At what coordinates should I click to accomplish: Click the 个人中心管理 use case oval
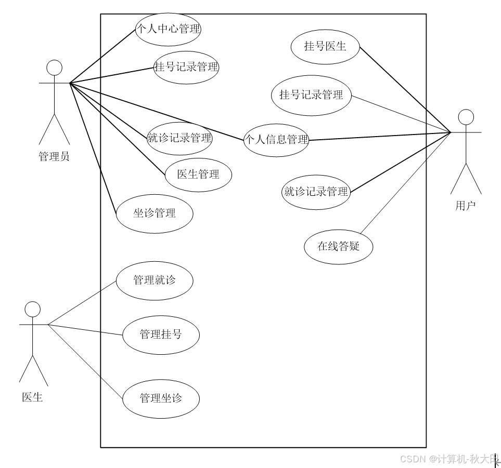(x=168, y=29)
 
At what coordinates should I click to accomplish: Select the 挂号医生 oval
(x=325, y=46)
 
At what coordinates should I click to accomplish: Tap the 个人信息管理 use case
(x=276, y=140)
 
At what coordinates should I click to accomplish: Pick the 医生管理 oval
(x=198, y=175)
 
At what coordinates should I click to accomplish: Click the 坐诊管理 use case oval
(x=155, y=213)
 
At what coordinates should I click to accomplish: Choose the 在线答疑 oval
(x=339, y=246)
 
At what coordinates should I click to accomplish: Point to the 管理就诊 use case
(x=155, y=280)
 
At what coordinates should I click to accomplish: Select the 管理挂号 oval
(x=161, y=335)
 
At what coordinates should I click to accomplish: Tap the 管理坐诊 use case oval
(x=161, y=399)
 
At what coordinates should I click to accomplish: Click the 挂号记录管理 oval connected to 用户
(x=311, y=95)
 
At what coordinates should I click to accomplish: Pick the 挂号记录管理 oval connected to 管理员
(x=186, y=67)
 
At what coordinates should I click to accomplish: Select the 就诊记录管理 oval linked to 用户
(x=316, y=192)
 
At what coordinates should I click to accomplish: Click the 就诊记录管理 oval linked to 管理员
(x=179, y=138)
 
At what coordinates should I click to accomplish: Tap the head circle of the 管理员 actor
(x=54, y=68)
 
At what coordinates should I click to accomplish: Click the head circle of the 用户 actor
(x=466, y=117)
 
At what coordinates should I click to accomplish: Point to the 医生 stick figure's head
(x=32, y=310)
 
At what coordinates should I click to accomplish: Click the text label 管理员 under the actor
(x=54, y=156)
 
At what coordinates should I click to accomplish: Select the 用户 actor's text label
(x=465, y=206)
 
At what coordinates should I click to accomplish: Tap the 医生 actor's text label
(x=32, y=398)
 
